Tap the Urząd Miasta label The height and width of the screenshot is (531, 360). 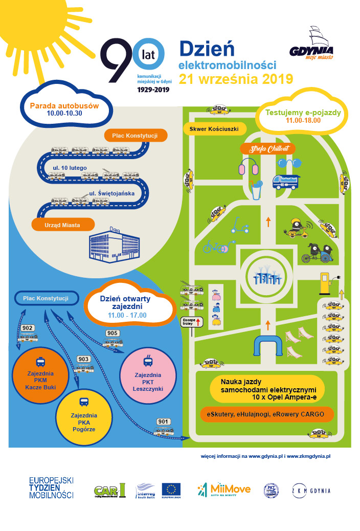pyautogui.click(x=63, y=224)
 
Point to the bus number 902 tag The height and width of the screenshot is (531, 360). pyautogui.click(x=28, y=328)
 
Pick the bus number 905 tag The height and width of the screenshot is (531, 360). pyautogui.click(x=112, y=334)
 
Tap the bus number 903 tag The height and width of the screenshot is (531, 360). pyautogui.click(x=83, y=359)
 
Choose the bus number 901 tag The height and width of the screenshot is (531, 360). pyautogui.click(x=163, y=422)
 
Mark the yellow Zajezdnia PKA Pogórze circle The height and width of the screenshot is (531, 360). pyautogui.click(x=84, y=415)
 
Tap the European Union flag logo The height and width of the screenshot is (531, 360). pyautogui.click(x=171, y=490)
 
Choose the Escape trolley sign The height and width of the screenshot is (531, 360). pyautogui.click(x=192, y=322)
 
